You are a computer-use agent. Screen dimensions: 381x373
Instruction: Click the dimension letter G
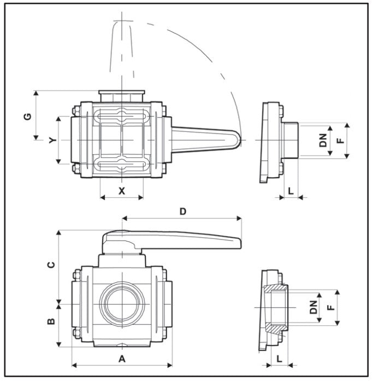28,115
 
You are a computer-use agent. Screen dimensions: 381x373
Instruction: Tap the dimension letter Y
52,140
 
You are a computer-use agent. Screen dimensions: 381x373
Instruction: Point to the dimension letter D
183,210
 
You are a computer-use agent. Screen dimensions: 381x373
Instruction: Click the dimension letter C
51,265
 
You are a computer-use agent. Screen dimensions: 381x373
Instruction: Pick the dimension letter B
51,321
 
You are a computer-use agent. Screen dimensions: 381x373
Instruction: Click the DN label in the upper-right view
324,140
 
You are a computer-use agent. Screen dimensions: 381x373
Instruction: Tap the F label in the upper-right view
340,140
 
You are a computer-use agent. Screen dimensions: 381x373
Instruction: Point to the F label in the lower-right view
330,308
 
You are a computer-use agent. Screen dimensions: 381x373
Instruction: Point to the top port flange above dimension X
121,95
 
